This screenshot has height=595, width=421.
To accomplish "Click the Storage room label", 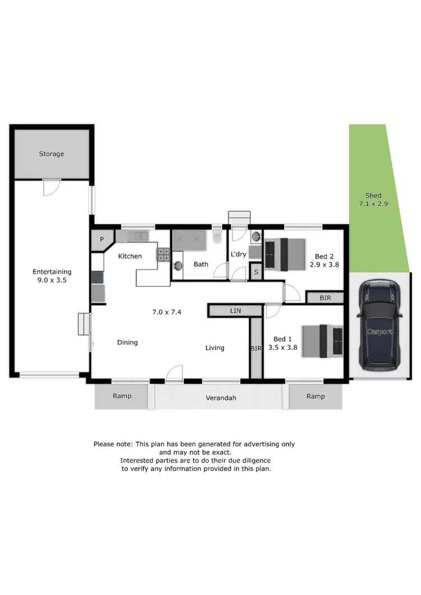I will (x=51, y=154).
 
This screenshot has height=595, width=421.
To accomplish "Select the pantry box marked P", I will (x=102, y=239).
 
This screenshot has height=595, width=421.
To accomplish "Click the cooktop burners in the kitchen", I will (x=163, y=255).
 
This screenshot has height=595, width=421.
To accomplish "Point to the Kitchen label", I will (x=129, y=256).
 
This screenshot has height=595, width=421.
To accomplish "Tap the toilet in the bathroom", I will (x=217, y=238).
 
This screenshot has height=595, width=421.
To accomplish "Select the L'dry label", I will (x=239, y=254).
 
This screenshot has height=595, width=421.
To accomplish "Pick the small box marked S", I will (x=256, y=273).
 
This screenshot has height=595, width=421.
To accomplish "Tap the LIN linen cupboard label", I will (x=235, y=310).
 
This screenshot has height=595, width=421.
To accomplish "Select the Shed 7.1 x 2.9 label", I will (x=369, y=200).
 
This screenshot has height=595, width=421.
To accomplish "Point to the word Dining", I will (x=127, y=342).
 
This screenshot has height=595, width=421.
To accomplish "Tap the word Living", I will (x=214, y=348).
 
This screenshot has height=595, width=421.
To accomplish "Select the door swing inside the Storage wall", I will (x=51, y=187).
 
